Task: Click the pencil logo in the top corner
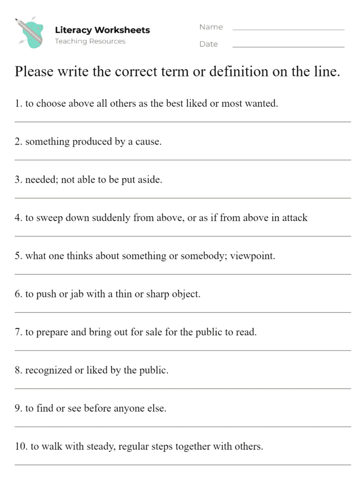(x=30, y=32)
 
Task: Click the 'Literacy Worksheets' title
(x=102, y=30)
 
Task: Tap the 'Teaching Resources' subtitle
(x=90, y=42)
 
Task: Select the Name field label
(x=211, y=27)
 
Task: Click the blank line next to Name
(x=288, y=30)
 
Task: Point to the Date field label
(x=209, y=44)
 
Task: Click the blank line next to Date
(x=288, y=47)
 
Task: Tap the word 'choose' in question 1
(x=51, y=103)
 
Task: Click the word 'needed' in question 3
(x=42, y=180)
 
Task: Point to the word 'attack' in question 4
(x=295, y=218)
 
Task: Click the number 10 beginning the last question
(x=21, y=447)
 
